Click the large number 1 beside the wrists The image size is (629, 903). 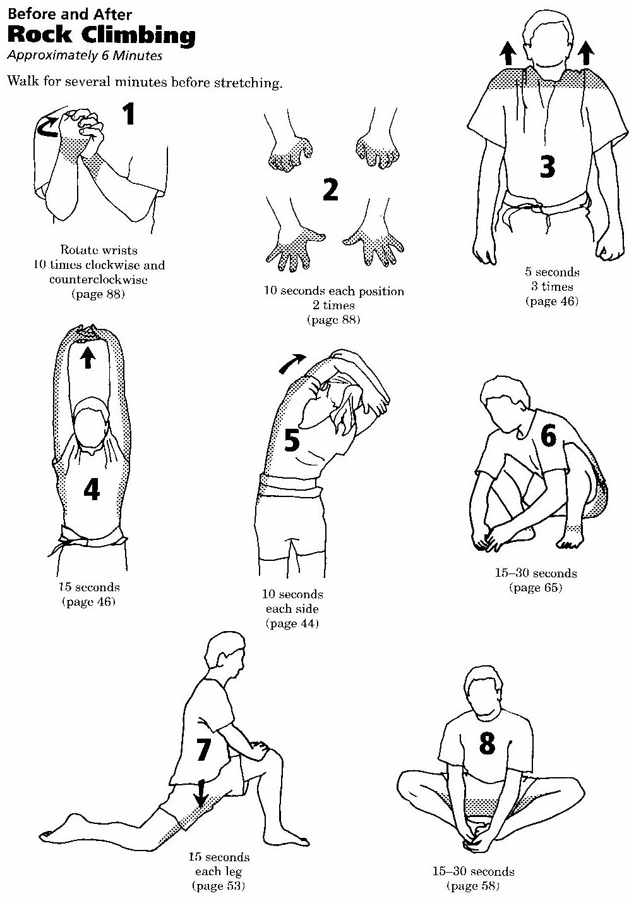tap(129, 113)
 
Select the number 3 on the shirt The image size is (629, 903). tap(548, 166)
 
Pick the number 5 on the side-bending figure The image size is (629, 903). tap(292, 439)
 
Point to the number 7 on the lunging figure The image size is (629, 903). tap(203, 749)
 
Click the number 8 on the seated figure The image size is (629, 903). tap(488, 743)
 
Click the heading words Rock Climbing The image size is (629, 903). tap(102, 35)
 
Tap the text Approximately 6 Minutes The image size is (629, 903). tap(85, 55)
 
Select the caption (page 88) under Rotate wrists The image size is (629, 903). tap(99, 294)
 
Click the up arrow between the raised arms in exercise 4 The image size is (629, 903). tap(88, 357)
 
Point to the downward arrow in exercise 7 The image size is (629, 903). tap(200, 793)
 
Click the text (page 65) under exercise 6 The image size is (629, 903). tap(536, 587)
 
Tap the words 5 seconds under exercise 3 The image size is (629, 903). tap(552, 272)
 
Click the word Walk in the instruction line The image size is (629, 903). tap(23, 81)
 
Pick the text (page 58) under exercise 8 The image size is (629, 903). tap(473, 886)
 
